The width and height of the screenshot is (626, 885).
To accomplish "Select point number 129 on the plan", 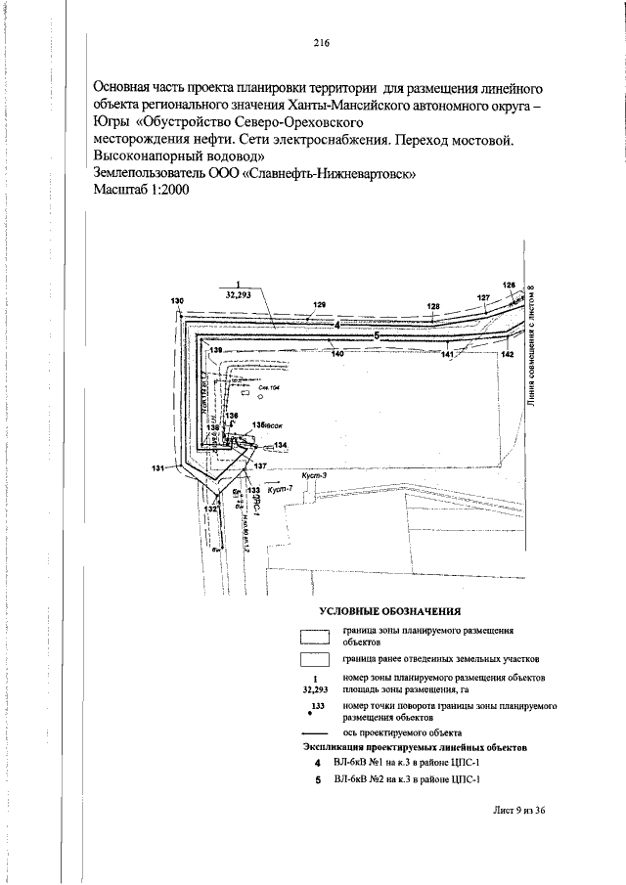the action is point(319,305).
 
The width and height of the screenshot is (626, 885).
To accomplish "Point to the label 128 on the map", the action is point(433,306).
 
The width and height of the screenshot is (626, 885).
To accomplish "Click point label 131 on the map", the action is point(157,469).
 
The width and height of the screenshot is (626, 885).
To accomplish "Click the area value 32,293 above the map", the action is point(239,293).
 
